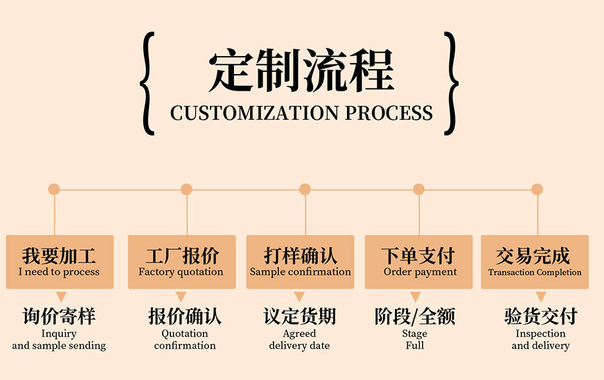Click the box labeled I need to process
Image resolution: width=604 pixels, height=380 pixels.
coord(59,261)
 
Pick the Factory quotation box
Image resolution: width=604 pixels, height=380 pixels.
coord(181,261)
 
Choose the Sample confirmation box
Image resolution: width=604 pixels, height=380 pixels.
coord(300,261)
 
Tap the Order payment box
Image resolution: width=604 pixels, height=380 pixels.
coord(418,261)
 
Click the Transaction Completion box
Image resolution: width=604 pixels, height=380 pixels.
coord(535,261)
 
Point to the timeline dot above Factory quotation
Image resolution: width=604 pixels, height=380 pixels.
coord(186,189)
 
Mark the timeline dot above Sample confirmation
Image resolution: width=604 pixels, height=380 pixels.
coord(305,189)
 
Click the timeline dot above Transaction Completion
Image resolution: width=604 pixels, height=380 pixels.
coord(538,189)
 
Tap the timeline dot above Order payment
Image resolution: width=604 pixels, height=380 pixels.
coord(418,189)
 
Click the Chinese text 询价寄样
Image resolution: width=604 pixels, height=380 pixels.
coord(59,317)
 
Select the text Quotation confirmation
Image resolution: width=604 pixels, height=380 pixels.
coord(185,339)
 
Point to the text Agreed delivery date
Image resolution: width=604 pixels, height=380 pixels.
coord(299,339)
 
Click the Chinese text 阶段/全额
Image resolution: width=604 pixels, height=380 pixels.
coord(415,317)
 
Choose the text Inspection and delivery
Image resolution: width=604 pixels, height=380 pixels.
coord(540,339)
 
